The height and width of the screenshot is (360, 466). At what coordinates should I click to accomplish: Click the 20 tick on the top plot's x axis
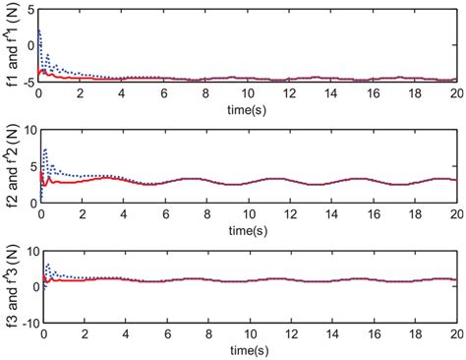click(455, 92)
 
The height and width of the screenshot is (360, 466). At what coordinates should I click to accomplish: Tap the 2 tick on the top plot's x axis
click(80, 92)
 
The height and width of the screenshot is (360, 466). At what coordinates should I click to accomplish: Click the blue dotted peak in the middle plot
click(45, 149)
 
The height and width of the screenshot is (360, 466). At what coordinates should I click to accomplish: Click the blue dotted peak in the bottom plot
click(45, 265)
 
